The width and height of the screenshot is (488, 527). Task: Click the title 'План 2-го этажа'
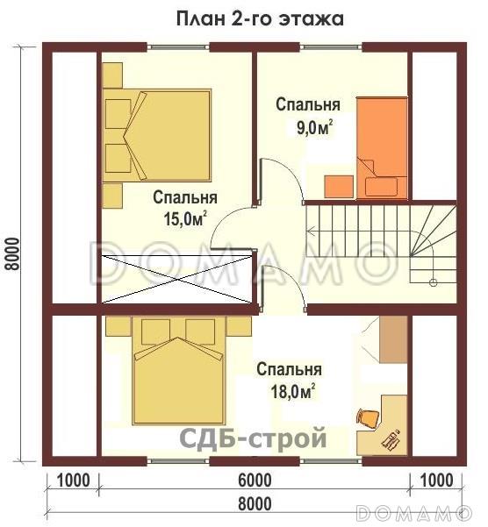pyautogui.click(x=260, y=18)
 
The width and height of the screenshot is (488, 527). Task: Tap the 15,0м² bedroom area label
pyautogui.click(x=184, y=219)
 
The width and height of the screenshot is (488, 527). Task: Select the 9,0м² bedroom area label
pyautogui.click(x=315, y=127)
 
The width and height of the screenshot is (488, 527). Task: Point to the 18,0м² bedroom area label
pyautogui.click(x=293, y=392)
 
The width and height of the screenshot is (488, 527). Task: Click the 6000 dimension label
pyautogui.click(x=255, y=481)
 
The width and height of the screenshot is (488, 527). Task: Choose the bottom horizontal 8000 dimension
pyautogui.click(x=255, y=504)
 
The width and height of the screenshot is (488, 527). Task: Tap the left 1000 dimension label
pyautogui.click(x=73, y=481)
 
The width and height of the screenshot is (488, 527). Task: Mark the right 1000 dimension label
pyautogui.click(x=436, y=481)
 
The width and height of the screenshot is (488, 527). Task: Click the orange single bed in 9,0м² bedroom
pyautogui.click(x=382, y=148)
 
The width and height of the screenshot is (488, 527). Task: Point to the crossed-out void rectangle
pyautogui.click(x=177, y=279)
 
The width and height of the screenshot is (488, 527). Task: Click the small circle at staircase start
pyautogui.click(x=434, y=282)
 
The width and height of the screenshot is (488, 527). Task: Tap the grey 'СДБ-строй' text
pyautogui.click(x=254, y=438)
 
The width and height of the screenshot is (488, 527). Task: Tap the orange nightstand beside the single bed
pyautogui.click(x=339, y=187)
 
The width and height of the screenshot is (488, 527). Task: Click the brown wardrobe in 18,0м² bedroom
pyautogui.click(x=393, y=339)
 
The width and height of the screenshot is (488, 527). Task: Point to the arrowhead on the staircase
pyautogui.click(x=310, y=231)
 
